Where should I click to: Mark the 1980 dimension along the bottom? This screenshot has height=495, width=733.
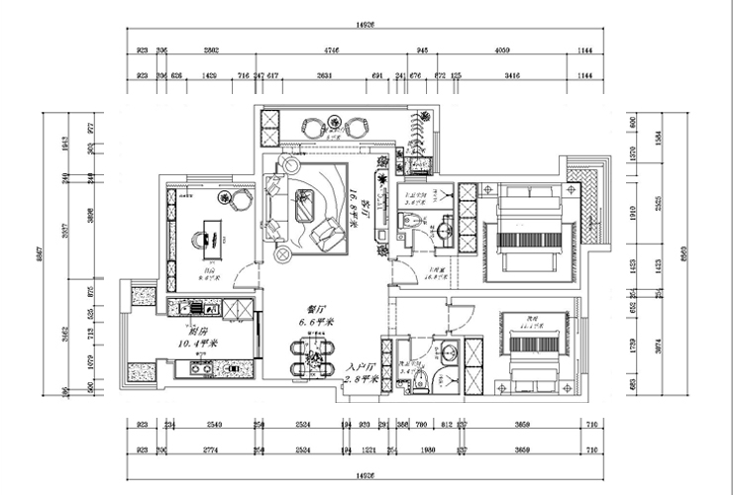[x=428, y=451]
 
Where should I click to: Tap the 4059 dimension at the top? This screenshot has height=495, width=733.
[x=501, y=49]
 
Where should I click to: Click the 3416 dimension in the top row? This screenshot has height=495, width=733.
[x=513, y=75]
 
